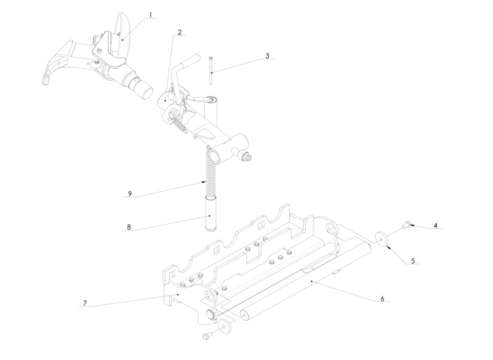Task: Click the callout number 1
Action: point(151,15)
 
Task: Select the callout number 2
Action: point(180,32)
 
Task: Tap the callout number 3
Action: point(267,55)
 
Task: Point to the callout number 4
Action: point(436,225)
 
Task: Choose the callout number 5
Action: point(413,260)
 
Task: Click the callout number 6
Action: point(383,298)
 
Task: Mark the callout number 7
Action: point(84,303)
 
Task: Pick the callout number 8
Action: point(129,227)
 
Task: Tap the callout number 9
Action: point(130,194)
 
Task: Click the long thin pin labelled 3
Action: point(210,71)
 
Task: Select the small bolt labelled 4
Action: point(407,224)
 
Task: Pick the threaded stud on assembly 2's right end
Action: point(246,156)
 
